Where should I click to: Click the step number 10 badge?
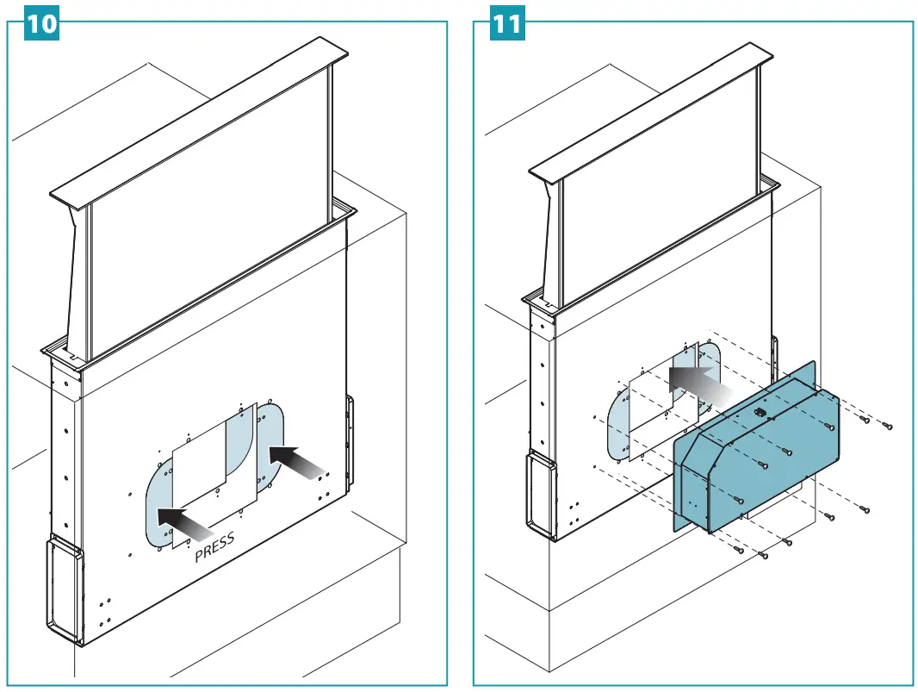(x=40, y=23)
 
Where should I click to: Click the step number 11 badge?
(x=507, y=23)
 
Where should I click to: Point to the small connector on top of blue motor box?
(x=760, y=412)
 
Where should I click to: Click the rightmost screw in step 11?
(x=887, y=426)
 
